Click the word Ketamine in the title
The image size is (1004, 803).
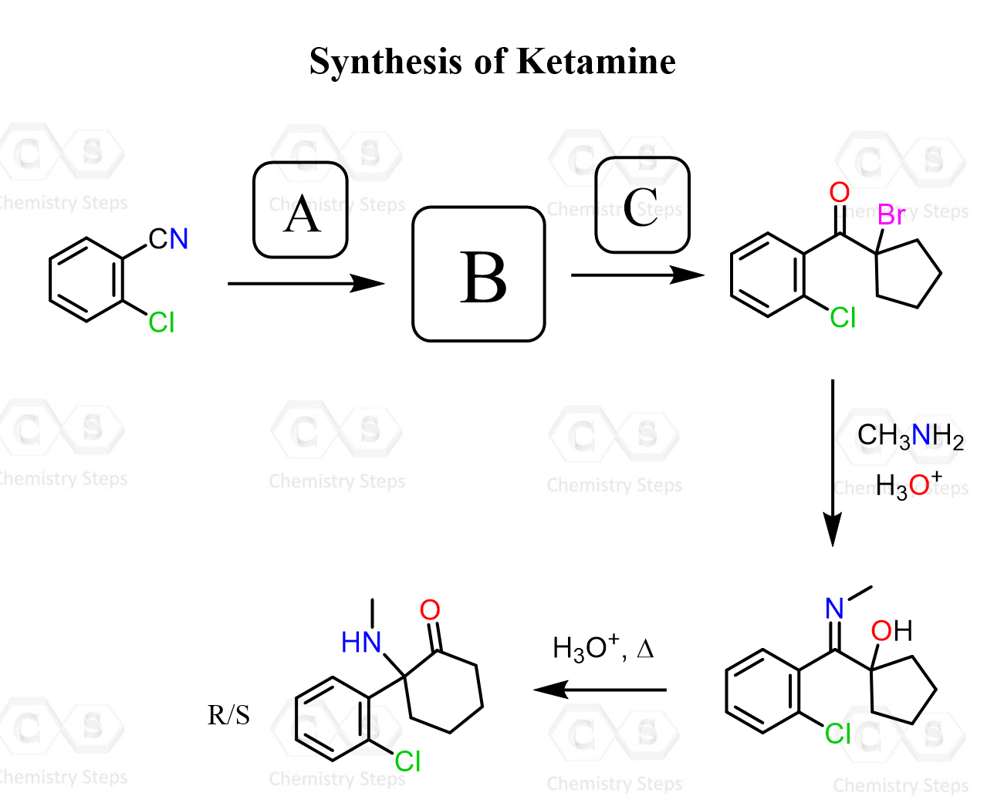pyautogui.click(x=596, y=62)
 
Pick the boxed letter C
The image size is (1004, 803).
pyautogui.click(x=642, y=206)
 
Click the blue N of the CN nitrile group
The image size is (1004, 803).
pyautogui.click(x=179, y=239)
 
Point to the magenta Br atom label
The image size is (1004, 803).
pyautogui.click(x=891, y=215)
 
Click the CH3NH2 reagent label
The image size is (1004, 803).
pyautogui.click(x=910, y=437)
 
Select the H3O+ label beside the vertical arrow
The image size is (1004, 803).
pyautogui.click(x=908, y=484)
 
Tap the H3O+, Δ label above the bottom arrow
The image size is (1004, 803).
pyautogui.click(x=603, y=648)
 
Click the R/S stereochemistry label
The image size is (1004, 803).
pyautogui.click(x=228, y=716)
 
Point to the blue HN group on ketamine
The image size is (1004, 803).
pyautogui.click(x=361, y=642)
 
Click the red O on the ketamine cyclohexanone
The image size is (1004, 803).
pyautogui.click(x=430, y=610)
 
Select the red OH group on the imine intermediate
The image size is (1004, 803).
pyautogui.click(x=891, y=631)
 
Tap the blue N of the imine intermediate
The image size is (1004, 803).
pyautogui.click(x=834, y=609)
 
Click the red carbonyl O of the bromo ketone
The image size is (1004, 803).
pyautogui.click(x=839, y=192)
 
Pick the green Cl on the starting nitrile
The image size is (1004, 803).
pyautogui.click(x=162, y=322)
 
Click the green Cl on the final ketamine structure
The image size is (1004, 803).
pyautogui.click(x=407, y=762)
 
